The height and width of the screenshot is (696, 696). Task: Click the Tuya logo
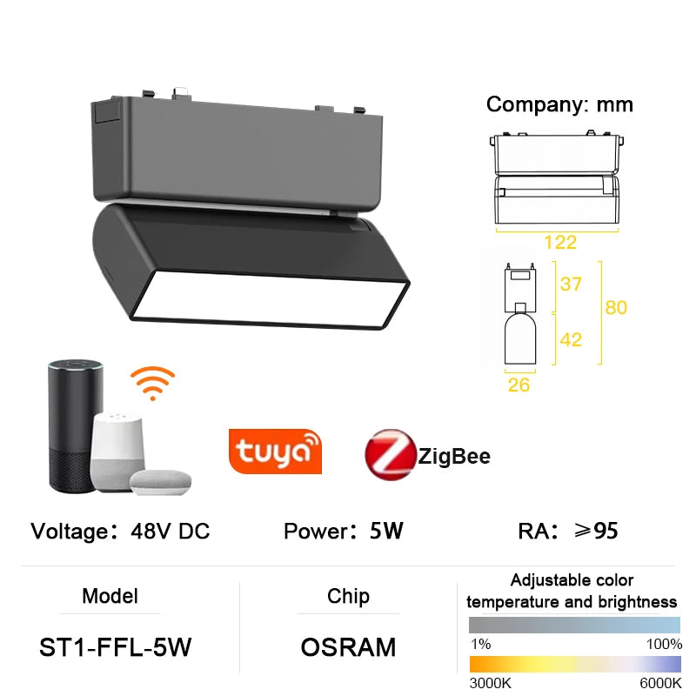[275, 451]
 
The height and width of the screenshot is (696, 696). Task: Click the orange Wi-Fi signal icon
[152, 383]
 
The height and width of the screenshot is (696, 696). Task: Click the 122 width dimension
[561, 243]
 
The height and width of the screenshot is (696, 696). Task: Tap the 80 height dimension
[616, 307]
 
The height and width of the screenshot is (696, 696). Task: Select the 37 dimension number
[571, 284]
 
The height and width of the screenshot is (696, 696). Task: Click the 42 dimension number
[571, 339]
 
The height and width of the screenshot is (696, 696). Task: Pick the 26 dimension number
[519, 385]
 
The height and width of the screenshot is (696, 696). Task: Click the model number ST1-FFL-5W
[116, 647]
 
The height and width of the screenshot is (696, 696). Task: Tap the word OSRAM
[348, 647]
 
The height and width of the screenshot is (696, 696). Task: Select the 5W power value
[386, 531]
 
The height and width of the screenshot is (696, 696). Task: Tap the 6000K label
[660, 684]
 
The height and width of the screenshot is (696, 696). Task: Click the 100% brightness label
[665, 644]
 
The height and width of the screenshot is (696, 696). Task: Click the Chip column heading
[348, 596]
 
